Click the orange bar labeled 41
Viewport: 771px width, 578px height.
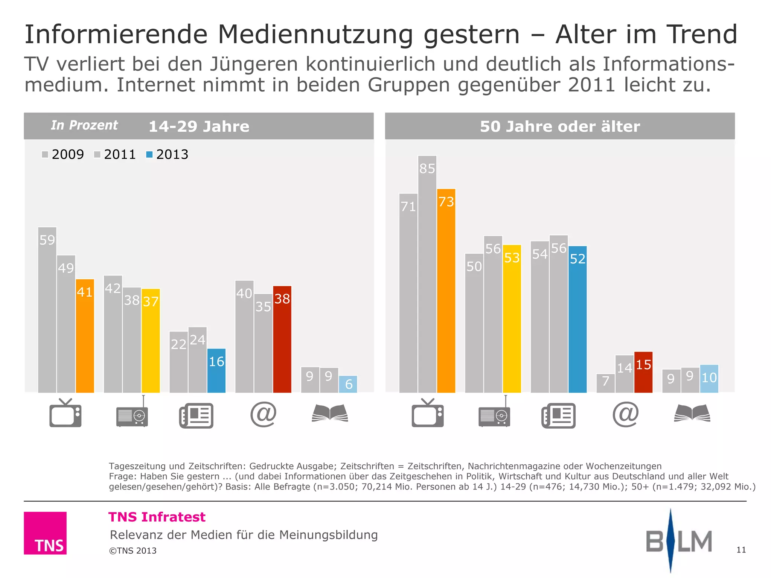[x=85, y=336]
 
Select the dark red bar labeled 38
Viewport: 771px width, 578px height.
[x=282, y=339]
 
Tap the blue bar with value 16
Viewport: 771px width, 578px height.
[x=216, y=371]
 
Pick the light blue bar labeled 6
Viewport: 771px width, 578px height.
[x=348, y=384]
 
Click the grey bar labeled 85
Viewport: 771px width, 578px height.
[x=427, y=274]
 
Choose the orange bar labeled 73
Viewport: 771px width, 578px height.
[x=446, y=291]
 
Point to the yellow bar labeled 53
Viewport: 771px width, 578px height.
[x=512, y=319]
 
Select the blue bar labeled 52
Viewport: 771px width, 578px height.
[x=577, y=319]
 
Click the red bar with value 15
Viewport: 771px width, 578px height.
[x=643, y=373]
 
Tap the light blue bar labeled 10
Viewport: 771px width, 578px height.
[x=709, y=379]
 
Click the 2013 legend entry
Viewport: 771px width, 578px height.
[x=167, y=155]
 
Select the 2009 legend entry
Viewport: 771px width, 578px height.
[x=63, y=155]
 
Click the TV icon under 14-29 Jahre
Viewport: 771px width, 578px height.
[x=66, y=413]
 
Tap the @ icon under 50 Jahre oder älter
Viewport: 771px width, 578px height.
[x=625, y=414]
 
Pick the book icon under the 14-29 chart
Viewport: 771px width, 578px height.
[x=330, y=413]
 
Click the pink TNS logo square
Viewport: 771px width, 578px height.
[x=45, y=533]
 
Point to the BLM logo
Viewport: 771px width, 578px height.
[x=678, y=541]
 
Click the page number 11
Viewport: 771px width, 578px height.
[x=741, y=550]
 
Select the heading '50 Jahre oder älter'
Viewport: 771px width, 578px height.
[x=560, y=126]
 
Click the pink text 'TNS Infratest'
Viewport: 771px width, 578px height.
[x=157, y=517]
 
